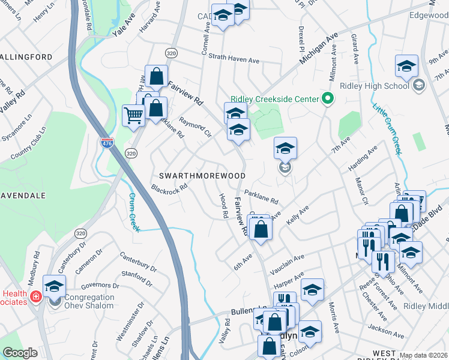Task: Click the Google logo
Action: coord(20,353)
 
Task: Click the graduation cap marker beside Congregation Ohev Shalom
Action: coord(54,287)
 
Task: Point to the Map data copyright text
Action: coord(423,355)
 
